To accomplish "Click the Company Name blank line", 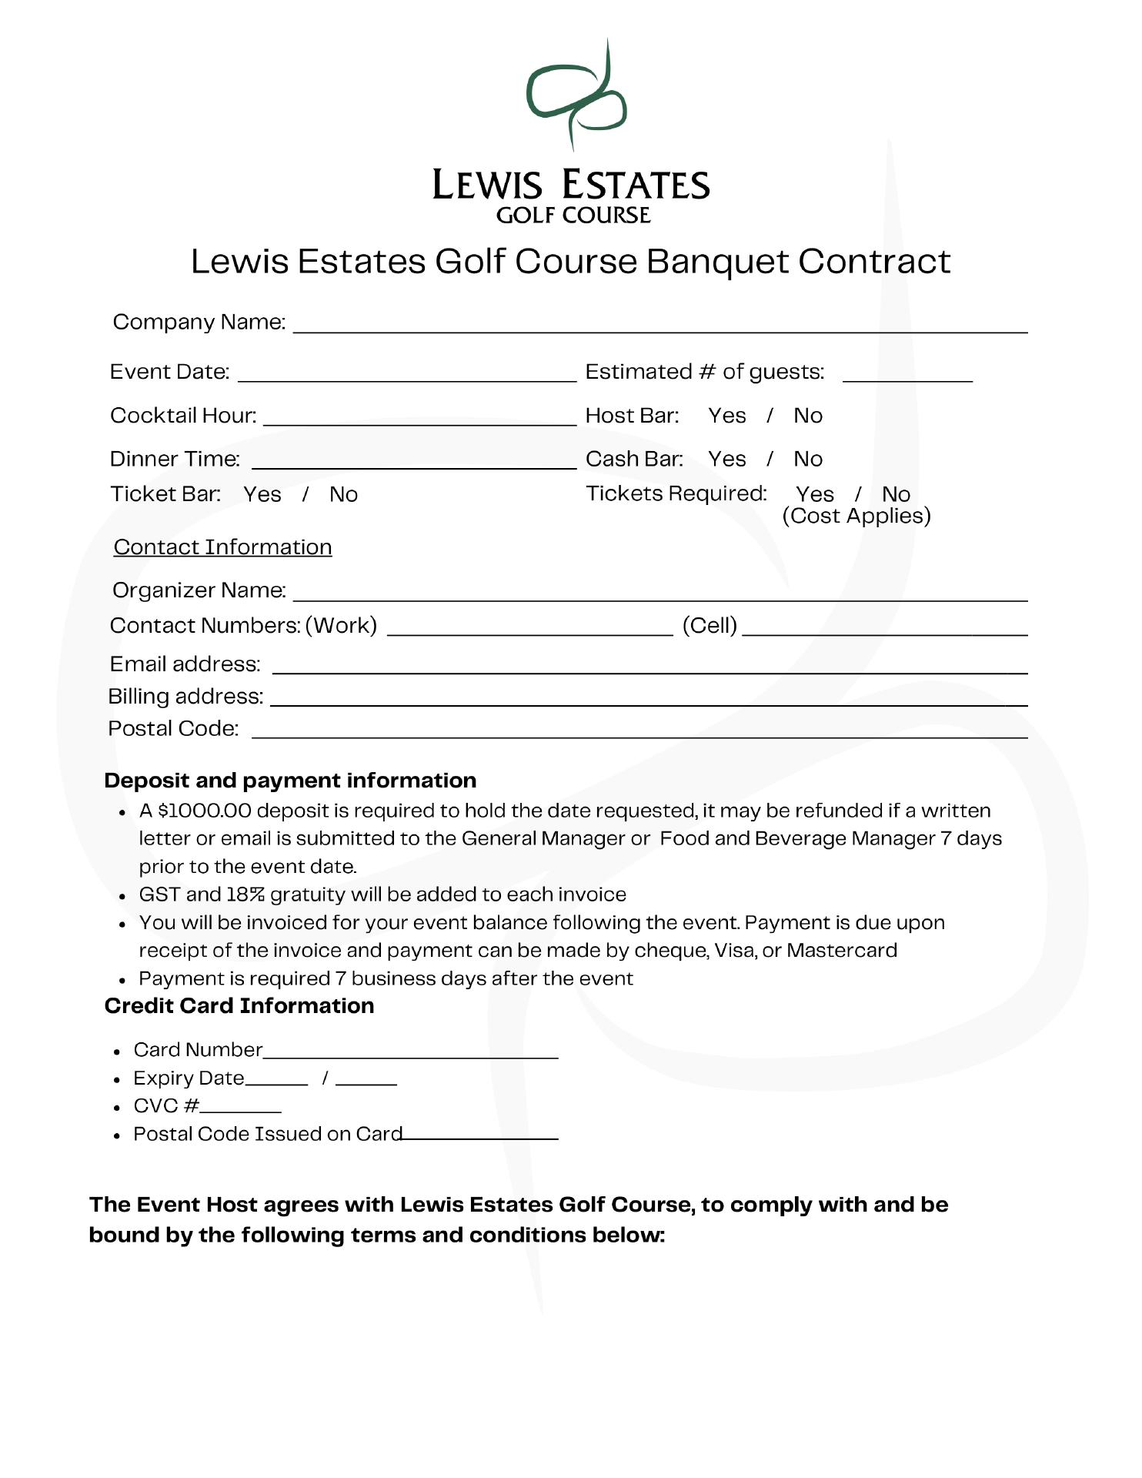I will pyautogui.click(x=660, y=325).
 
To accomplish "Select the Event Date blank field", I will pyautogui.click(x=407, y=374).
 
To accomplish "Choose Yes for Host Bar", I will pyautogui.click(x=726, y=416).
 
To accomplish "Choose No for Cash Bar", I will pyautogui.click(x=808, y=459).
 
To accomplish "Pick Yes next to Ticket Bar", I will pyautogui.click(x=262, y=494).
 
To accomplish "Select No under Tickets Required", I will pyautogui.click(x=896, y=494).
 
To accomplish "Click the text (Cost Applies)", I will pyautogui.click(x=856, y=516).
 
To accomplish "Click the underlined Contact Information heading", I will pyautogui.click(x=222, y=547).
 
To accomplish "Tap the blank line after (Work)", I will pyautogui.click(x=529, y=628).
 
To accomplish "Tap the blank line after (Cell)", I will pyautogui.click(x=885, y=628).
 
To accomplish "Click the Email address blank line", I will pyautogui.click(x=650, y=666).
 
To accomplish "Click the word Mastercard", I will pyautogui.click(x=842, y=951).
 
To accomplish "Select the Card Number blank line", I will pyautogui.click(x=410, y=1052).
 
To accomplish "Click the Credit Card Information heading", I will pyautogui.click(x=239, y=1006).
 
